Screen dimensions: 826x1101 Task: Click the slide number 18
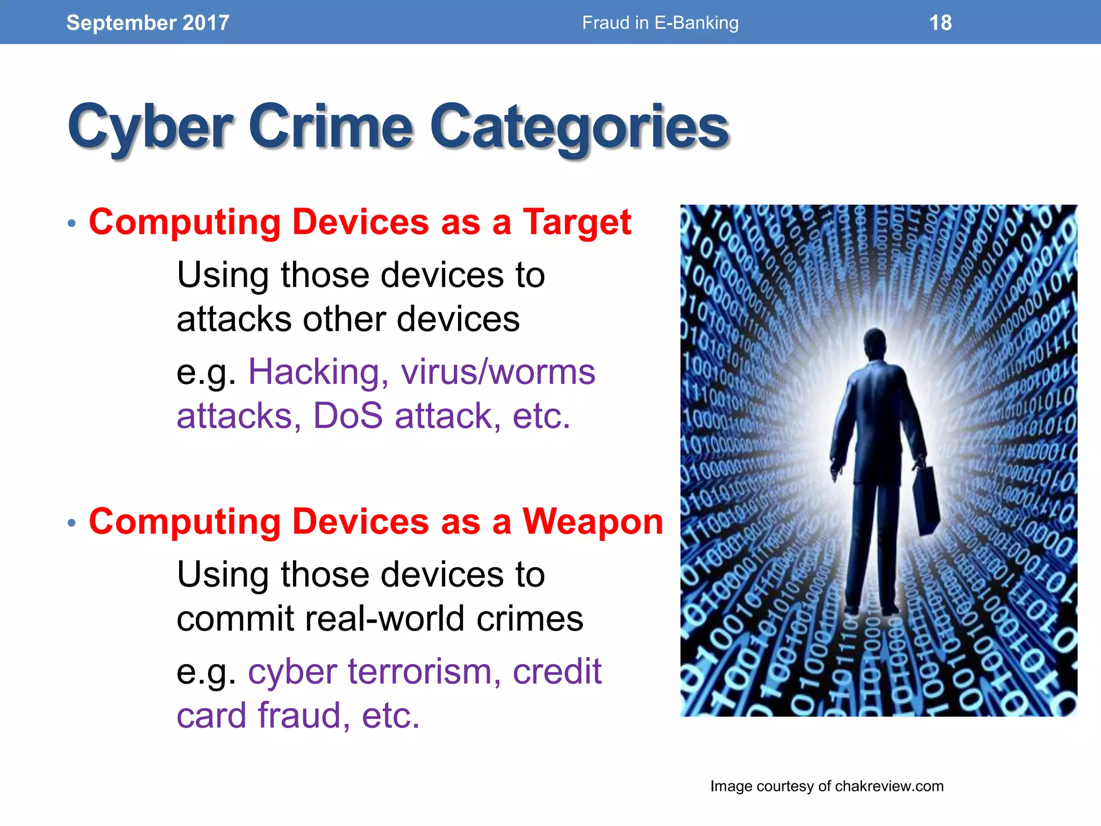coord(940,23)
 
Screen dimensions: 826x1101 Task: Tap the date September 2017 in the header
coord(148,23)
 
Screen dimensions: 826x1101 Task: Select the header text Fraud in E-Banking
coord(660,23)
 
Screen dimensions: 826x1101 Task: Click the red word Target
coord(577,222)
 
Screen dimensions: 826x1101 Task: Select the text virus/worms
coord(498,372)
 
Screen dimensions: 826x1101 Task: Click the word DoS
coord(348,416)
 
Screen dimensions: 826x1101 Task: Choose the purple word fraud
coord(299,715)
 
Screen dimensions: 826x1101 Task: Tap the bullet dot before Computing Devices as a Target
coord(72,223)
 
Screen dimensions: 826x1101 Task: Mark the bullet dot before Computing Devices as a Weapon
coord(72,523)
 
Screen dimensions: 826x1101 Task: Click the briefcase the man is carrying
coord(926,500)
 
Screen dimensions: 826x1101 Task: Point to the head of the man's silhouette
coord(876,345)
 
